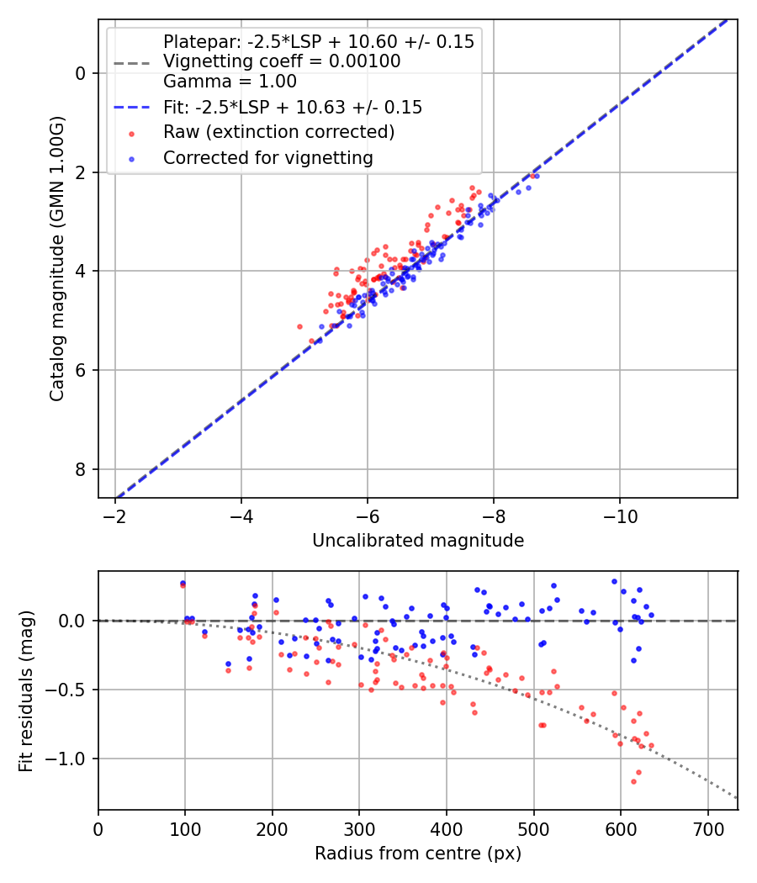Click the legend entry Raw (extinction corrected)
(x=278, y=132)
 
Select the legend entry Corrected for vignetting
(x=267, y=157)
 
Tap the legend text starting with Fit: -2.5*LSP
(x=292, y=108)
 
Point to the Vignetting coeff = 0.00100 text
(x=281, y=61)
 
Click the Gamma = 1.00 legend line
(x=230, y=82)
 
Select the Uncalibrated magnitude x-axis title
(x=418, y=541)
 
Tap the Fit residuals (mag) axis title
(x=26, y=690)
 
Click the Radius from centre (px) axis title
(x=418, y=854)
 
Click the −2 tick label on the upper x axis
(x=115, y=515)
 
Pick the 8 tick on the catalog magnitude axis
(x=81, y=469)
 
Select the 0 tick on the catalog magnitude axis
(x=81, y=73)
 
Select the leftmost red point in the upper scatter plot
(x=299, y=326)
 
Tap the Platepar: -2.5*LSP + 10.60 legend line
(x=318, y=41)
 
